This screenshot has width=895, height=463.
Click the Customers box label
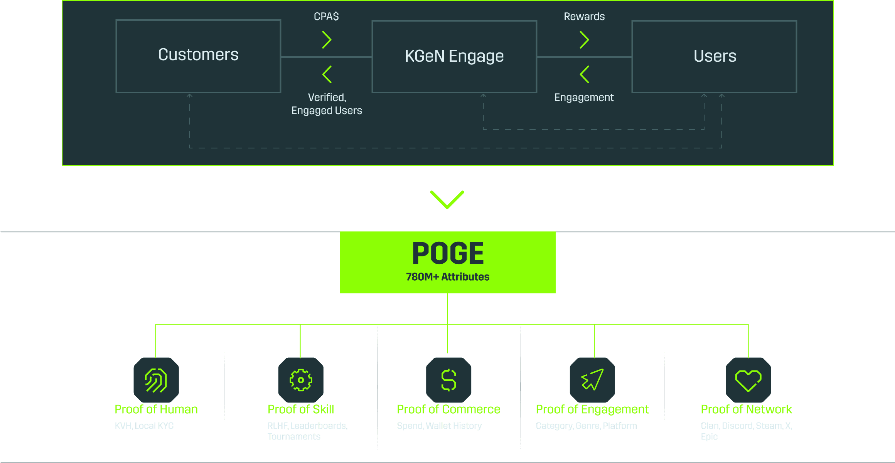coord(198,55)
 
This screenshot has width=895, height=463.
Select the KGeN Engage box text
coord(454,56)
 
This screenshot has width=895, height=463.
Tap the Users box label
coord(715,56)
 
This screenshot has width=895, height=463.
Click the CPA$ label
coord(326,17)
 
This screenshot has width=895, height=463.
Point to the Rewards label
coord(584,17)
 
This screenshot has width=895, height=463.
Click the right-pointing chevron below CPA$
coord(327,40)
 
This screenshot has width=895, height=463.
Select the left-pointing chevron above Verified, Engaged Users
coord(327,74)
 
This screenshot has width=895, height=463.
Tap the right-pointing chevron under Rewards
coord(585,40)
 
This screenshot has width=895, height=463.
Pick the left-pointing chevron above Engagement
coord(585,74)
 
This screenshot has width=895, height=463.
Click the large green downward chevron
coord(447,199)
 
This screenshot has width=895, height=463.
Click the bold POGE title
coord(448,253)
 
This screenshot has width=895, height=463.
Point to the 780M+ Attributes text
coord(448,277)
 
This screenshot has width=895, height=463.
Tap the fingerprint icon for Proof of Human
coord(156,380)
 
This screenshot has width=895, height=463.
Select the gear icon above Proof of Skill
coord(301,380)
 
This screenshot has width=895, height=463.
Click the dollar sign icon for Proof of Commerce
coord(448,380)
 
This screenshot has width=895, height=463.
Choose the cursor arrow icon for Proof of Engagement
coord(592,380)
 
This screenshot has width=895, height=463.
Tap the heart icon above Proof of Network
coord(748,380)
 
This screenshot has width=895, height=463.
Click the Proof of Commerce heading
coord(448,409)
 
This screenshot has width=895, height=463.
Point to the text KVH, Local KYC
coord(144,426)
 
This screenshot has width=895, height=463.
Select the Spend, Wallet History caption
coord(439,426)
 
